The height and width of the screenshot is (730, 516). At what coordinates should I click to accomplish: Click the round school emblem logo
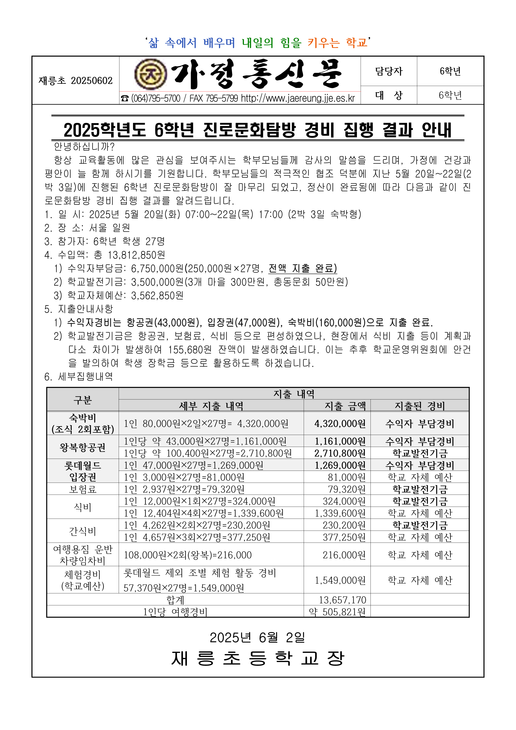tap(150, 74)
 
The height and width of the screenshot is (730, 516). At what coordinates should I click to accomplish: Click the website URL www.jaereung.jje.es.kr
tap(298, 98)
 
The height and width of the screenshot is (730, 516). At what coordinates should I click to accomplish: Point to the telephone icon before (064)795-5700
tap(125, 99)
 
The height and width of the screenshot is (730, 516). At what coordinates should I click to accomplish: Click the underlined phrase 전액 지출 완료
tap(302, 268)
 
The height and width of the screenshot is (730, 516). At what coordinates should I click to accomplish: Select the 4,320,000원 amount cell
tap(340, 424)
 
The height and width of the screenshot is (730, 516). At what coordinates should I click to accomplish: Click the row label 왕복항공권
tap(83, 447)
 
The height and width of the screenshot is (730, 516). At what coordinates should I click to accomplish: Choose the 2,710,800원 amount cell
tap(340, 453)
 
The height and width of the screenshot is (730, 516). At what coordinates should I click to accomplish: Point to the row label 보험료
tap(83, 489)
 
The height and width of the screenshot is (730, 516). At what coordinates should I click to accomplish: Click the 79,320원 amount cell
tap(346, 489)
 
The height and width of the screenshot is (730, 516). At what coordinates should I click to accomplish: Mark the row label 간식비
tap(83, 531)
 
